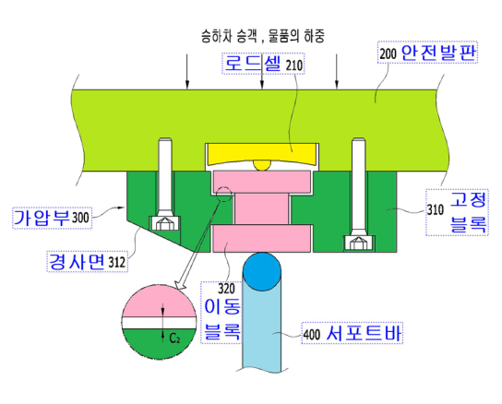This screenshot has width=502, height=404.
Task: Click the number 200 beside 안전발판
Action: point(388,53)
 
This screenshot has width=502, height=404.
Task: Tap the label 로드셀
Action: point(250,63)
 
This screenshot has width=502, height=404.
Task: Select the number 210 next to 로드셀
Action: point(293,65)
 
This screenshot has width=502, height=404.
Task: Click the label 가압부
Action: point(42,218)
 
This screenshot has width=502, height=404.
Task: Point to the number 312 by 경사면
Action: point(116,263)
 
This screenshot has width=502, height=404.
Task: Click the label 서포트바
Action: point(364,333)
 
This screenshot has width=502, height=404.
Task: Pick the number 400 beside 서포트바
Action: point(312,335)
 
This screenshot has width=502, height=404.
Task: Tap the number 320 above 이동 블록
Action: point(226,289)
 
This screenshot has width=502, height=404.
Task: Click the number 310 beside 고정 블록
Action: point(436,210)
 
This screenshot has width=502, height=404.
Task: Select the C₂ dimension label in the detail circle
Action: point(174,338)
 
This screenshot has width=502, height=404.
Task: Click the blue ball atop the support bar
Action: point(262,272)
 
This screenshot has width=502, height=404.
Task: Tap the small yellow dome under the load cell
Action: point(262,164)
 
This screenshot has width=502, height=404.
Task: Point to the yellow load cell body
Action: point(262,153)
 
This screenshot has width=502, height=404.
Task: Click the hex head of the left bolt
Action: point(164,224)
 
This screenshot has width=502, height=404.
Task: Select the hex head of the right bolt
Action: point(359,244)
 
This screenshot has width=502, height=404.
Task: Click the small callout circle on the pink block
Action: point(224,194)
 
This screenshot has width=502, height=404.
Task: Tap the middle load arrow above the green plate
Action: point(262,71)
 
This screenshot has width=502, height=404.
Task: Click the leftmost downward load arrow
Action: point(187,71)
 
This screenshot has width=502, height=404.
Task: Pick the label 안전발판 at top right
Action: point(438,53)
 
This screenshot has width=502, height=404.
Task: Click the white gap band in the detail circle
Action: point(159,323)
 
